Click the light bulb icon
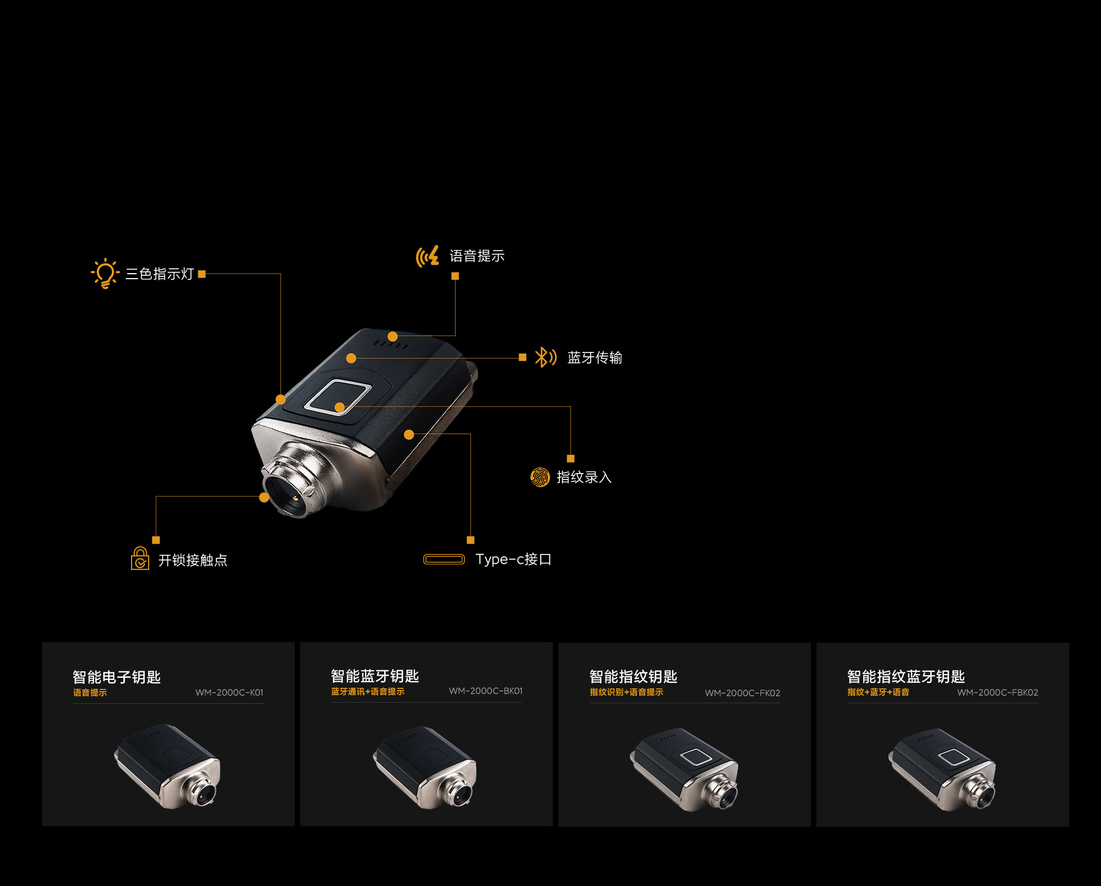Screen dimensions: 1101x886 pyautogui.click(x=105, y=273)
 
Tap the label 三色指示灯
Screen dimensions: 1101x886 pyautogui.click(x=160, y=274)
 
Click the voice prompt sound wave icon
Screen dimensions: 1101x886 pyautogui.click(x=428, y=256)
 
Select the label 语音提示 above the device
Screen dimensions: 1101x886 pyautogui.click(x=477, y=256)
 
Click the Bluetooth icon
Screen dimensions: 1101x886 pyautogui.click(x=546, y=357)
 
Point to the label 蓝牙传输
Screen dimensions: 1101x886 pyautogui.click(x=595, y=358)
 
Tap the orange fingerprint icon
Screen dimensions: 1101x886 pyautogui.click(x=540, y=477)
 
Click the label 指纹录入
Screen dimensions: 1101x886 pyautogui.click(x=584, y=477)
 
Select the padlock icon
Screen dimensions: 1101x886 pyautogui.click(x=140, y=558)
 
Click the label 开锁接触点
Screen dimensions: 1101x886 pyautogui.click(x=193, y=560)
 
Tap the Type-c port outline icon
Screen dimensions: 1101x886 pyautogui.click(x=444, y=559)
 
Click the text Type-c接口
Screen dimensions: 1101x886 pyautogui.click(x=513, y=559)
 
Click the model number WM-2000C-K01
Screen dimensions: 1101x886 pyautogui.click(x=230, y=693)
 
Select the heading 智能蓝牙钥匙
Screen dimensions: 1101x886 pyautogui.click(x=375, y=676)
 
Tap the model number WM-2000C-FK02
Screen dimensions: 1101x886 pyautogui.click(x=743, y=693)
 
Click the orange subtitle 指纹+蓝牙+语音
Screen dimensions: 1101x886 pyautogui.click(x=878, y=692)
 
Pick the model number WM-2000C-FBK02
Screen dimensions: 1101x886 pyautogui.click(x=998, y=693)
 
